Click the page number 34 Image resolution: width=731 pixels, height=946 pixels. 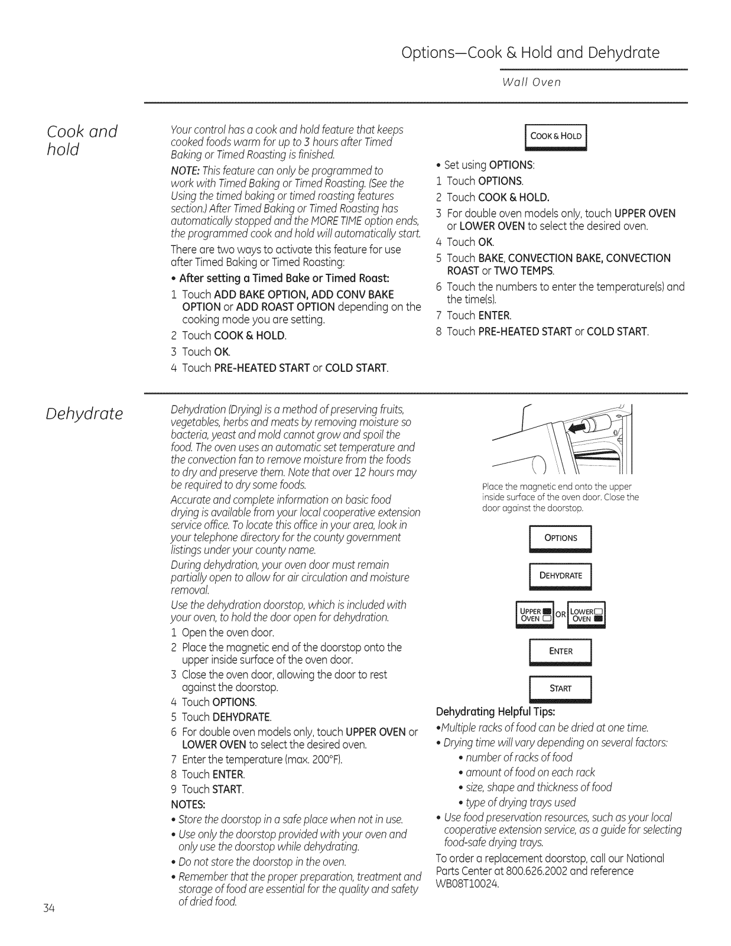coord(48,909)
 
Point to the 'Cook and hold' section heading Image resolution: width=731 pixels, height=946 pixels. coord(82,140)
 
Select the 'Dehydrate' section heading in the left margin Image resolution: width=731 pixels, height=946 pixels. coord(84,413)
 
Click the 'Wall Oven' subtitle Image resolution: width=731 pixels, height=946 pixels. coord(531,82)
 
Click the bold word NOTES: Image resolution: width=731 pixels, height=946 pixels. coord(188,805)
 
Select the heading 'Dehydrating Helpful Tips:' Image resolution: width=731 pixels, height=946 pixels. coord(495,711)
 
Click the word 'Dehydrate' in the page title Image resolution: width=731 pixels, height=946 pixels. coord(623,53)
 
